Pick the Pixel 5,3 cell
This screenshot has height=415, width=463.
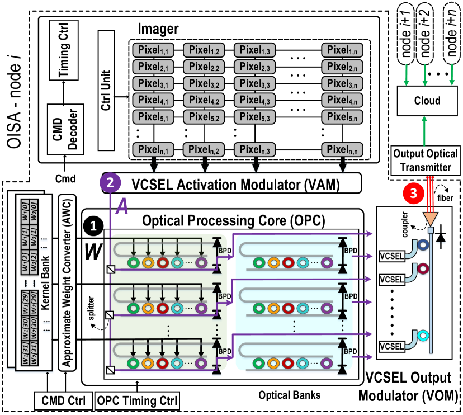click(x=254, y=117)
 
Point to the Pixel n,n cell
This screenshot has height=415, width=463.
click(x=342, y=149)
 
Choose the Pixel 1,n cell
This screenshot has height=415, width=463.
click(x=342, y=50)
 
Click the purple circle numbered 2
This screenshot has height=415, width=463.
click(x=110, y=182)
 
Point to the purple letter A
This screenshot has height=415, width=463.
click(x=122, y=207)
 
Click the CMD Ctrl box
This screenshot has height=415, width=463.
click(x=63, y=401)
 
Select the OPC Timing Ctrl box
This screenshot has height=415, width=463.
click(x=137, y=401)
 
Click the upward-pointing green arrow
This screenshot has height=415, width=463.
click(x=424, y=130)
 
